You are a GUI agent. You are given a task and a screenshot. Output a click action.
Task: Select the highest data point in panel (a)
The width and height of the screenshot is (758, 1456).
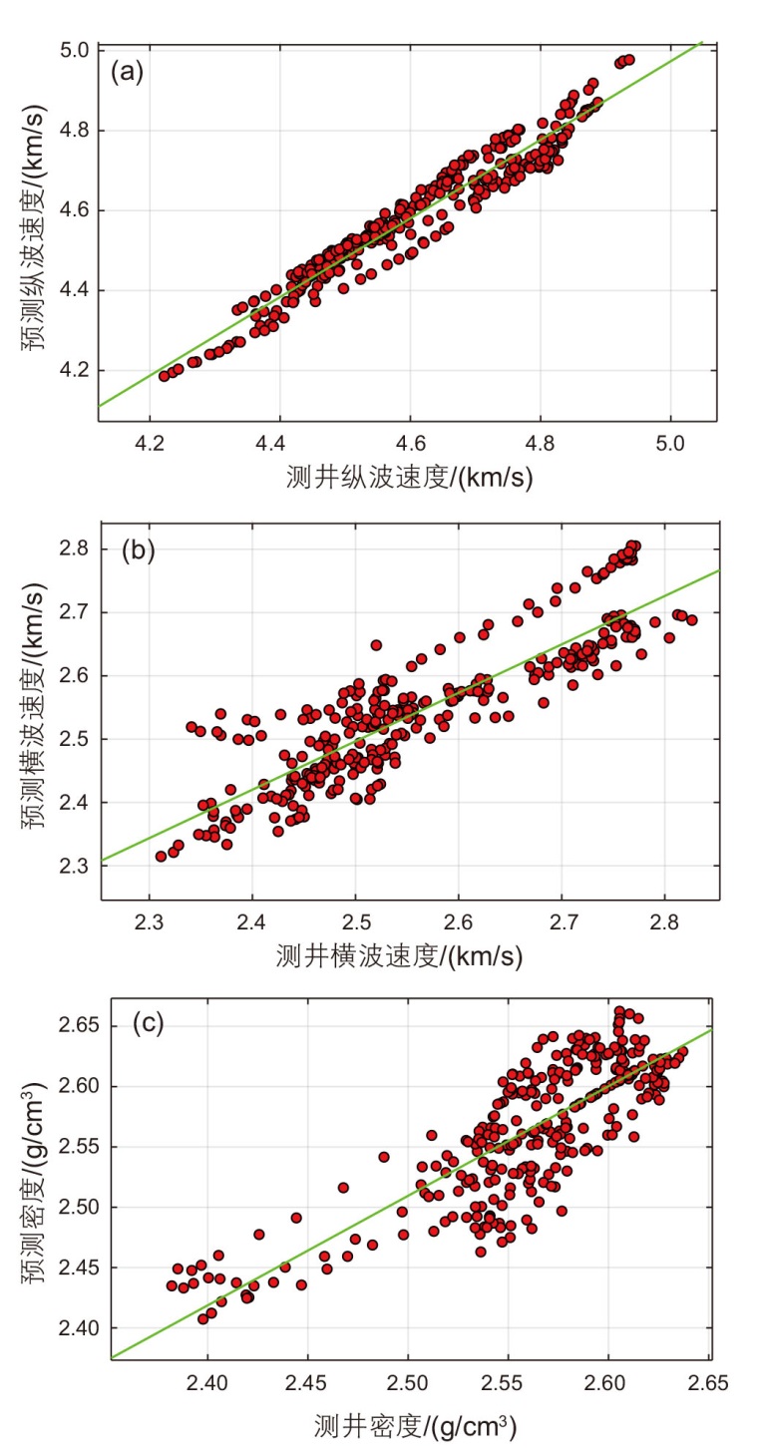point(628,60)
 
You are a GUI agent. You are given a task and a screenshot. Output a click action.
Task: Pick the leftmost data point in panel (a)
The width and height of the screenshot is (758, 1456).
point(165,376)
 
